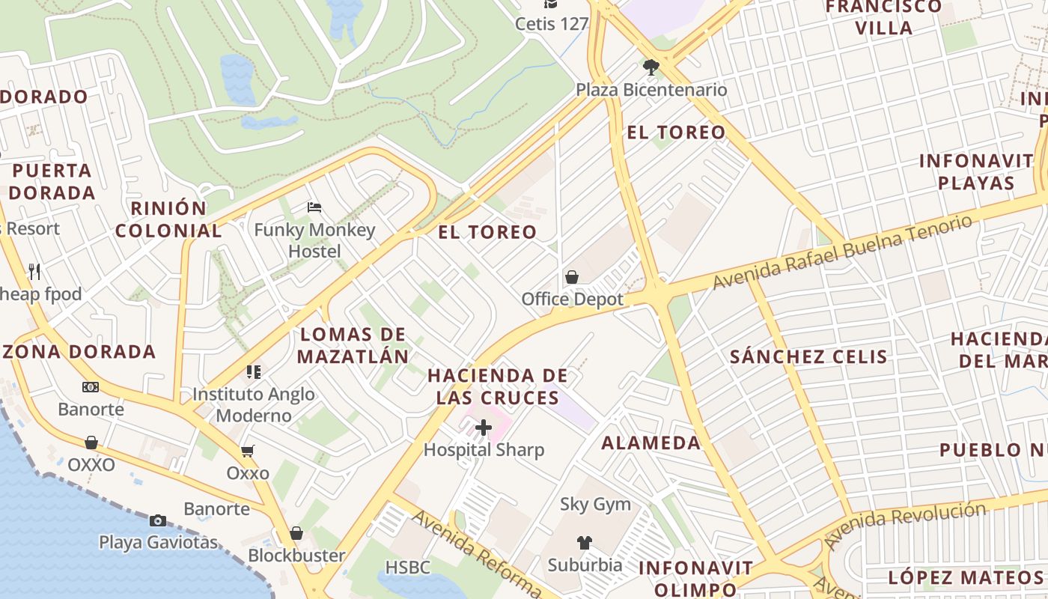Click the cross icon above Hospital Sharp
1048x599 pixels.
pos(484,428)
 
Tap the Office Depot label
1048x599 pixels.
pos(573,299)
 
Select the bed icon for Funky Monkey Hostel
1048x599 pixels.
pos(314,207)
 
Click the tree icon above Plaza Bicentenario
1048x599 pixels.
pos(651,67)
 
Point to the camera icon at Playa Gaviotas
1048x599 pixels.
pos(158,520)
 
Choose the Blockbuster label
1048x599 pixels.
pos(296,556)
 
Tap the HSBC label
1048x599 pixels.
pos(408,568)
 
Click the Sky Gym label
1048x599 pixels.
pos(596,505)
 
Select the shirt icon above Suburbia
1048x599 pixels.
pos(585,543)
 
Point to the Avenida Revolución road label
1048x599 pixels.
pos(904,525)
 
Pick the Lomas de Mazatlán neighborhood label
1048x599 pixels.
pos(353,345)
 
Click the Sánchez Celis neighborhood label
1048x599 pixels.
pos(808,356)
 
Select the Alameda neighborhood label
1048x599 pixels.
pos(651,443)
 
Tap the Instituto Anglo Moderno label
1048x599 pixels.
pos(253,404)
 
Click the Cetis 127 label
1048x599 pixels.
pos(552,24)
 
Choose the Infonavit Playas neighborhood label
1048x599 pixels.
pos(976,171)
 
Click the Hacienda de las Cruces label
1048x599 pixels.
pos(498,386)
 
